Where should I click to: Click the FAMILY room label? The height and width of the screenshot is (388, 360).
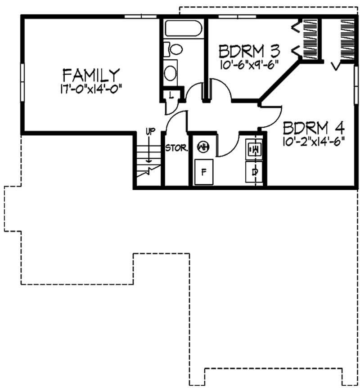pos(91,74)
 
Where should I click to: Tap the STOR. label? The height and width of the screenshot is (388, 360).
pos(176,148)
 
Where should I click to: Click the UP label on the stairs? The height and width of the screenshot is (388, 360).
pos(150,132)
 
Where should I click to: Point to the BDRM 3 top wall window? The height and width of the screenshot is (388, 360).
pos(237,17)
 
